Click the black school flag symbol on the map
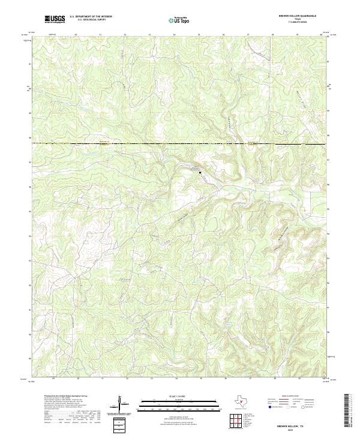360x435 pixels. click(x=200, y=172)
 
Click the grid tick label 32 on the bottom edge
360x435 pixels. click(x=127, y=379)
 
